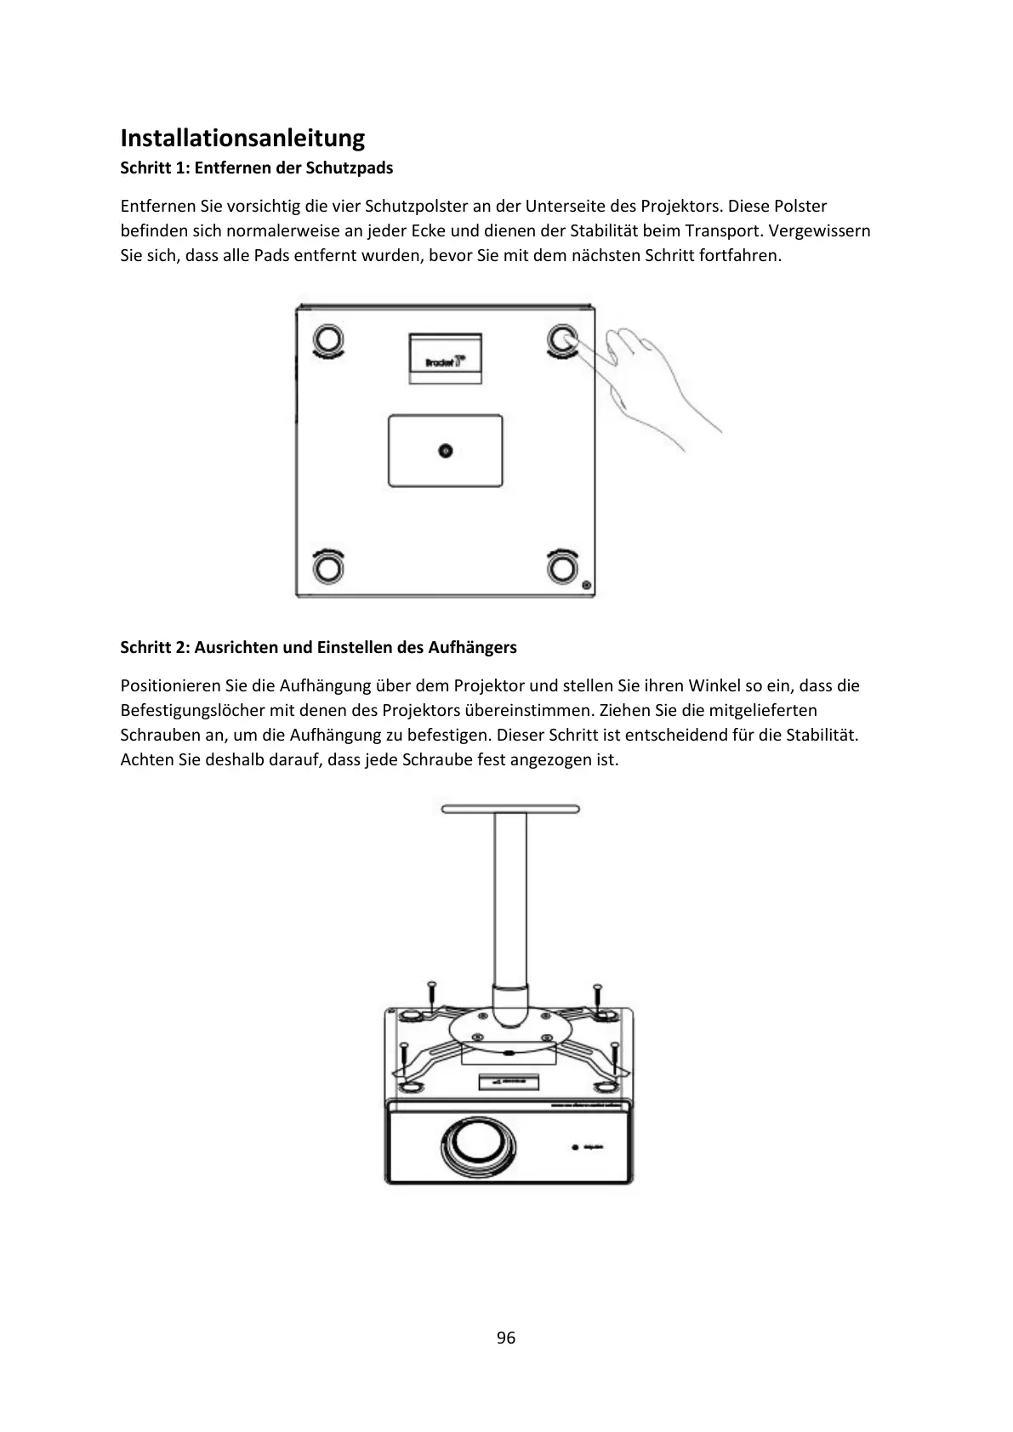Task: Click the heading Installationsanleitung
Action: (242, 138)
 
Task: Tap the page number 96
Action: (506, 1338)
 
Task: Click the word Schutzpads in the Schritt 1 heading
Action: (354, 168)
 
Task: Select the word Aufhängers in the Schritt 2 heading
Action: (472, 647)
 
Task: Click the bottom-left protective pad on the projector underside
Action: (329, 567)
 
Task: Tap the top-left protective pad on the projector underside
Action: (329, 339)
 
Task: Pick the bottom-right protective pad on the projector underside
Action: (561, 567)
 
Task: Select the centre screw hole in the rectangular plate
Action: (445, 451)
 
